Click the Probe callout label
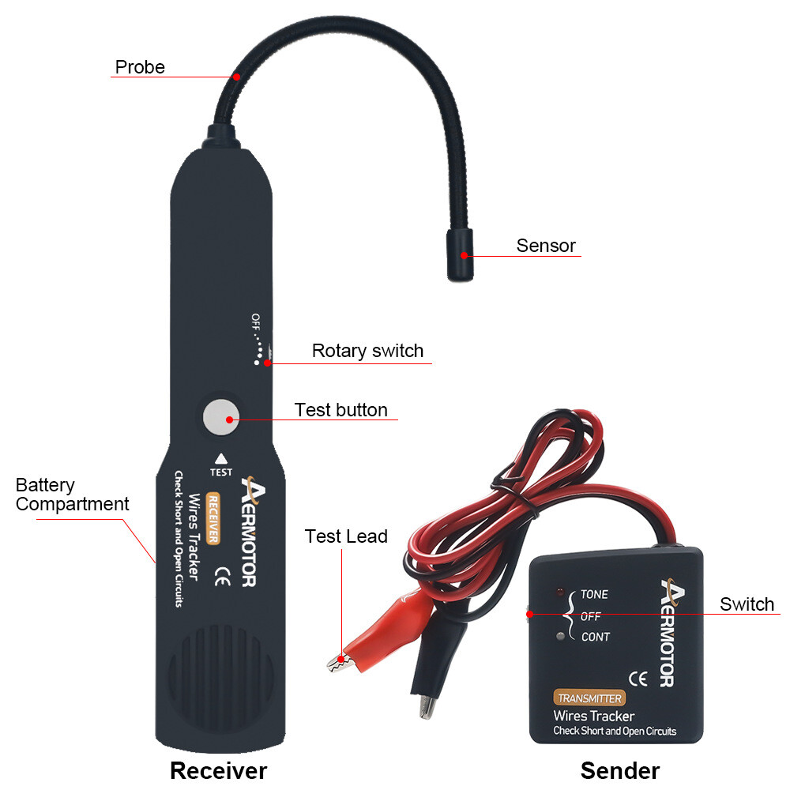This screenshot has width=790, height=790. tap(140, 67)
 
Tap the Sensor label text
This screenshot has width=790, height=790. tap(546, 246)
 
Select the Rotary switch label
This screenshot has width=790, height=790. tap(367, 351)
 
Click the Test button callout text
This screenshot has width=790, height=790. tap(340, 410)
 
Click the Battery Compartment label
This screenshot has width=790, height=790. tap(72, 495)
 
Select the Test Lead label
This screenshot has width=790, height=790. tap(346, 537)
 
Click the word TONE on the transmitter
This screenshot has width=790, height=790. tap(594, 595)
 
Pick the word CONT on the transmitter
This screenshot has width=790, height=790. tap(595, 637)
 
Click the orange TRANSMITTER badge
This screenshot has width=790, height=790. tap(589, 698)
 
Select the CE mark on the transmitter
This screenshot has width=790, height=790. tap(638, 678)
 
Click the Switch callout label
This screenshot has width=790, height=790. tap(747, 604)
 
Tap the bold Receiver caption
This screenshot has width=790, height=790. tap(219, 770)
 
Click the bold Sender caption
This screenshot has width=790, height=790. tap(619, 770)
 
